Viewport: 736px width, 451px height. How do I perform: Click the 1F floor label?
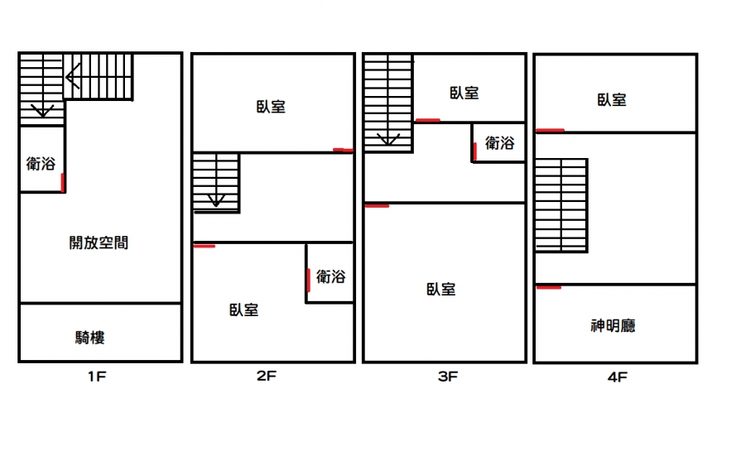(97, 377)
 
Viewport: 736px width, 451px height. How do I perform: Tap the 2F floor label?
(266, 376)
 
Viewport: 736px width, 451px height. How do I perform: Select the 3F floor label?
(447, 377)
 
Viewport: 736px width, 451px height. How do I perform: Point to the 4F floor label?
(617, 377)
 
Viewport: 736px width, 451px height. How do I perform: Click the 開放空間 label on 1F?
(99, 242)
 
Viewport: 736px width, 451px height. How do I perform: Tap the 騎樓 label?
(89, 338)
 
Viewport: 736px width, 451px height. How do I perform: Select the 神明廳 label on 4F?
(613, 326)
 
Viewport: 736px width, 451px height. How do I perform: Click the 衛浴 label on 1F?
(41, 163)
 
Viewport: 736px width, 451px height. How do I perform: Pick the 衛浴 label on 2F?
(331, 276)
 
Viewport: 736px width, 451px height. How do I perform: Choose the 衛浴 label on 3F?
(499, 142)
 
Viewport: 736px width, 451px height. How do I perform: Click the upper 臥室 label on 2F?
(271, 107)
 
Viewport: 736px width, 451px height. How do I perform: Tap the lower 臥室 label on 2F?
(243, 309)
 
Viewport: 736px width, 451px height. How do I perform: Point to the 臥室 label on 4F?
(612, 99)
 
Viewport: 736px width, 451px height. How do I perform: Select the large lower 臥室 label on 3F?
(440, 289)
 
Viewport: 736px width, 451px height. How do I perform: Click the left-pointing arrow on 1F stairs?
(73, 76)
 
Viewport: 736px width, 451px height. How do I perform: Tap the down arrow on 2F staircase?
(216, 201)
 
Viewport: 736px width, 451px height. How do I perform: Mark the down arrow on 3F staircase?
(388, 139)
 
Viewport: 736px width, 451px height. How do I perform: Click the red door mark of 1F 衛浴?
(62, 183)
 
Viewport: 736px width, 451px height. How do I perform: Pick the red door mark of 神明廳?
(549, 287)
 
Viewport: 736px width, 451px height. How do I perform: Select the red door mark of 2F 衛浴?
(308, 281)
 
